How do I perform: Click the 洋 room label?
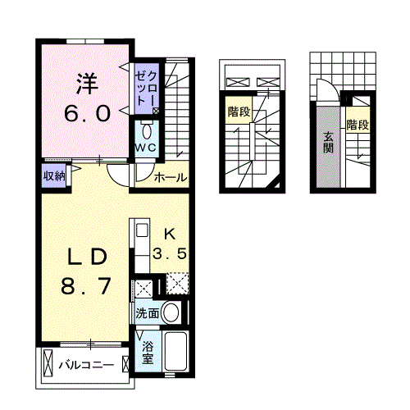pyautogui.click(x=89, y=82)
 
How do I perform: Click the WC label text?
pyautogui.click(x=146, y=147)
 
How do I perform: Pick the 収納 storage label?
pyautogui.click(x=53, y=175)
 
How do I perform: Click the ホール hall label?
pyautogui.click(x=171, y=177)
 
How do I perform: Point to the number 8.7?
pyautogui.click(x=85, y=288)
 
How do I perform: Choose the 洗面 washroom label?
pyautogui.click(x=148, y=312)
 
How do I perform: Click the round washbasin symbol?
pyautogui.click(x=171, y=312)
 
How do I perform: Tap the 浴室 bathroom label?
pyautogui.click(x=148, y=353)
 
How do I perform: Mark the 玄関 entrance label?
pyautogui.click(x=328, y=143)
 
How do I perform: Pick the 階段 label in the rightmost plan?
pyautogui.click(x=357, y=125)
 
